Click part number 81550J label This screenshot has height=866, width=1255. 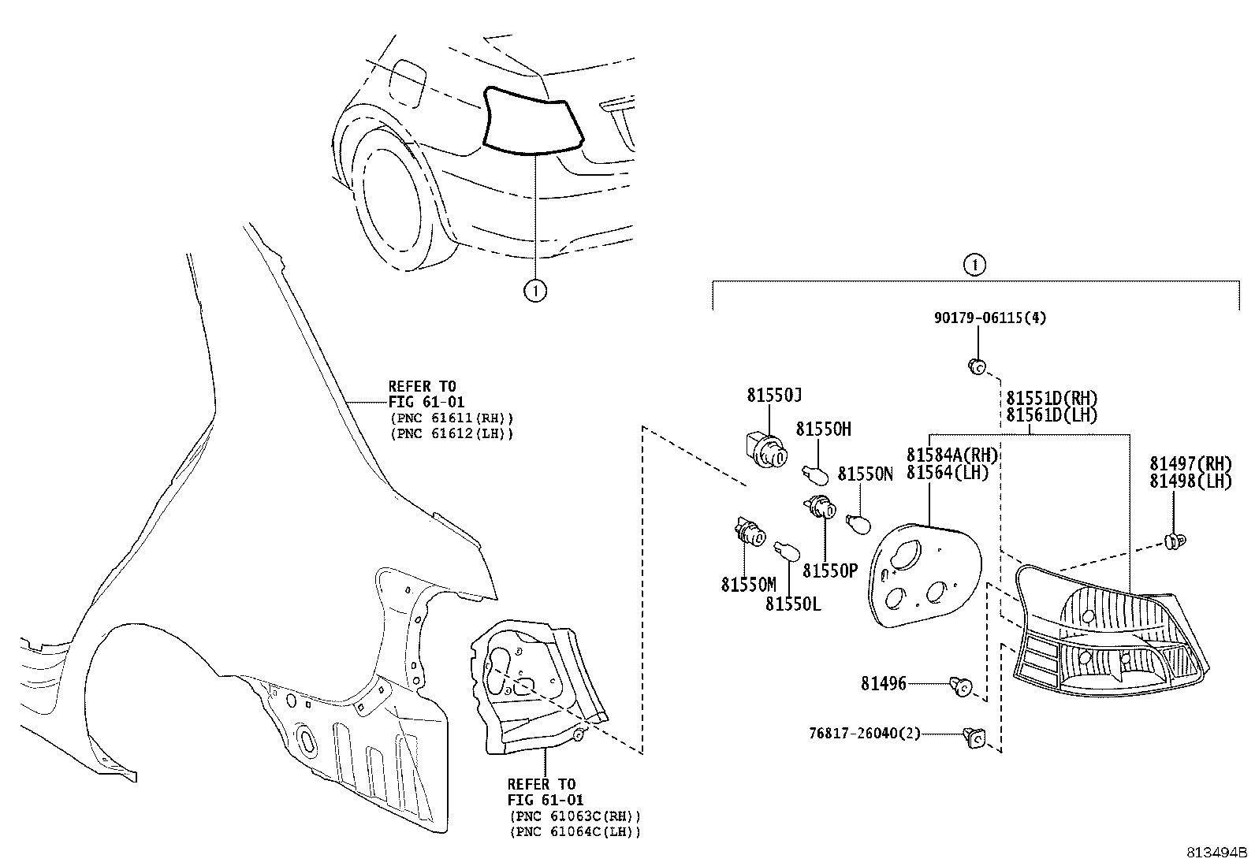point(774,396)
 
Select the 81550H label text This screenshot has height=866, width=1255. point(823,429)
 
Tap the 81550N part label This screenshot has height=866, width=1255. point(865,474)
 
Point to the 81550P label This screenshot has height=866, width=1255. point(829,571)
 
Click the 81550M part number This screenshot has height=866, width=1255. point(748,585)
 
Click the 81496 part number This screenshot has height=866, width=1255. point(883,684)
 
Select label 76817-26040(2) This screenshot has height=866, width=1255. point(864,733)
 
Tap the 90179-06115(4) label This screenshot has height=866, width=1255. point(990,318)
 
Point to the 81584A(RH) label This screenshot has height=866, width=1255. point(952,455)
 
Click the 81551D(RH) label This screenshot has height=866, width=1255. point(1052,399)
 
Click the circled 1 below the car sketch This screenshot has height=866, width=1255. point(535,291)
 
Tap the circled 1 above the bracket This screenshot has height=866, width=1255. point(974,265)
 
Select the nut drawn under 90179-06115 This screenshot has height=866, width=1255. point(976,366)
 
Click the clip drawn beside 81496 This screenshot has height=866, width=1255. point(961,686)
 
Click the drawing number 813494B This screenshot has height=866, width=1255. point(1218,853)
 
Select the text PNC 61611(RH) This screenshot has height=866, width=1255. point(451,418)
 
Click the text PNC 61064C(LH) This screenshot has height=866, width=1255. point(575,831)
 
